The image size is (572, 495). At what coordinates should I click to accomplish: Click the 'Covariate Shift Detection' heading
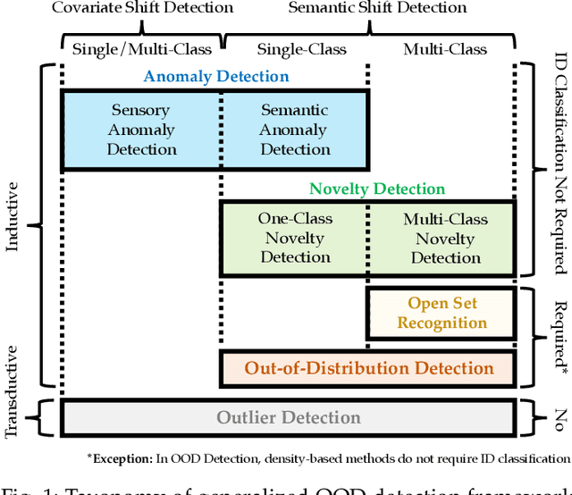[x=142, y=8]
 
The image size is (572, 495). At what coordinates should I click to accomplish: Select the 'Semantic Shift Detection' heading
[x=377, y=8]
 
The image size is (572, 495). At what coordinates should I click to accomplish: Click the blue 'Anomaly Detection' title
[x=216, y=77]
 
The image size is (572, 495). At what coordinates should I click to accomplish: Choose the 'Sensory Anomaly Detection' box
[x=141, y=130]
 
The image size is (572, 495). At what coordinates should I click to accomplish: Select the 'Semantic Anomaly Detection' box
[x=295, y=130]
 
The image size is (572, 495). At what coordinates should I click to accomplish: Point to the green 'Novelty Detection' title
[x=376, y=189]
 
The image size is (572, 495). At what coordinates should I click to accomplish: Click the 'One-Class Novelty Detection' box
[x=295, y=238]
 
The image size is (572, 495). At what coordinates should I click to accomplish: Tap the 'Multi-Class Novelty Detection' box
[x=444, y=238]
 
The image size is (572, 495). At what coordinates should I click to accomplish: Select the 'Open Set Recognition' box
[x=442, y=313]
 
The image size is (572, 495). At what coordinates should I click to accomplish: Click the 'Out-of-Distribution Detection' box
[x=368, y=368]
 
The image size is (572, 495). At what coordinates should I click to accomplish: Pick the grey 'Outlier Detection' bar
[x=288, y=417]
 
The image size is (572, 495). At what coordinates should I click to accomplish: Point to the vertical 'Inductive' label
[x=13, y=216]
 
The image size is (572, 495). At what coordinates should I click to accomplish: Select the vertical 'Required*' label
[x=559, y=336]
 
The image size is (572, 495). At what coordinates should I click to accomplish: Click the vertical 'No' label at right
[x=559, y=417]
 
